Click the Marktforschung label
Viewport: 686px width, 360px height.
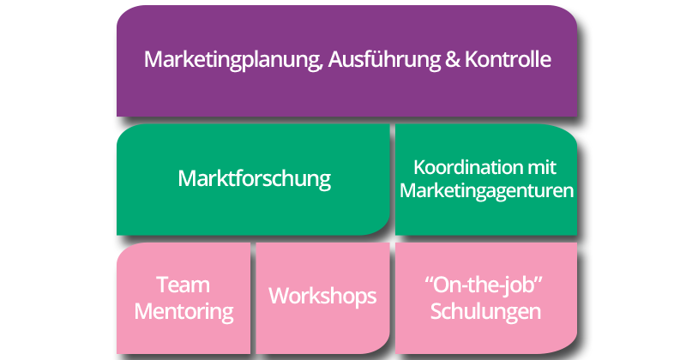click(255, 180)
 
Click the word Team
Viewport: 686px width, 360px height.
click(184, 285)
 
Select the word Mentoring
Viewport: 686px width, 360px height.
click(184, 310)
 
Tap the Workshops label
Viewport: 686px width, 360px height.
click(322, 297)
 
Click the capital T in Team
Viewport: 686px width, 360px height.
click(163, 285)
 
